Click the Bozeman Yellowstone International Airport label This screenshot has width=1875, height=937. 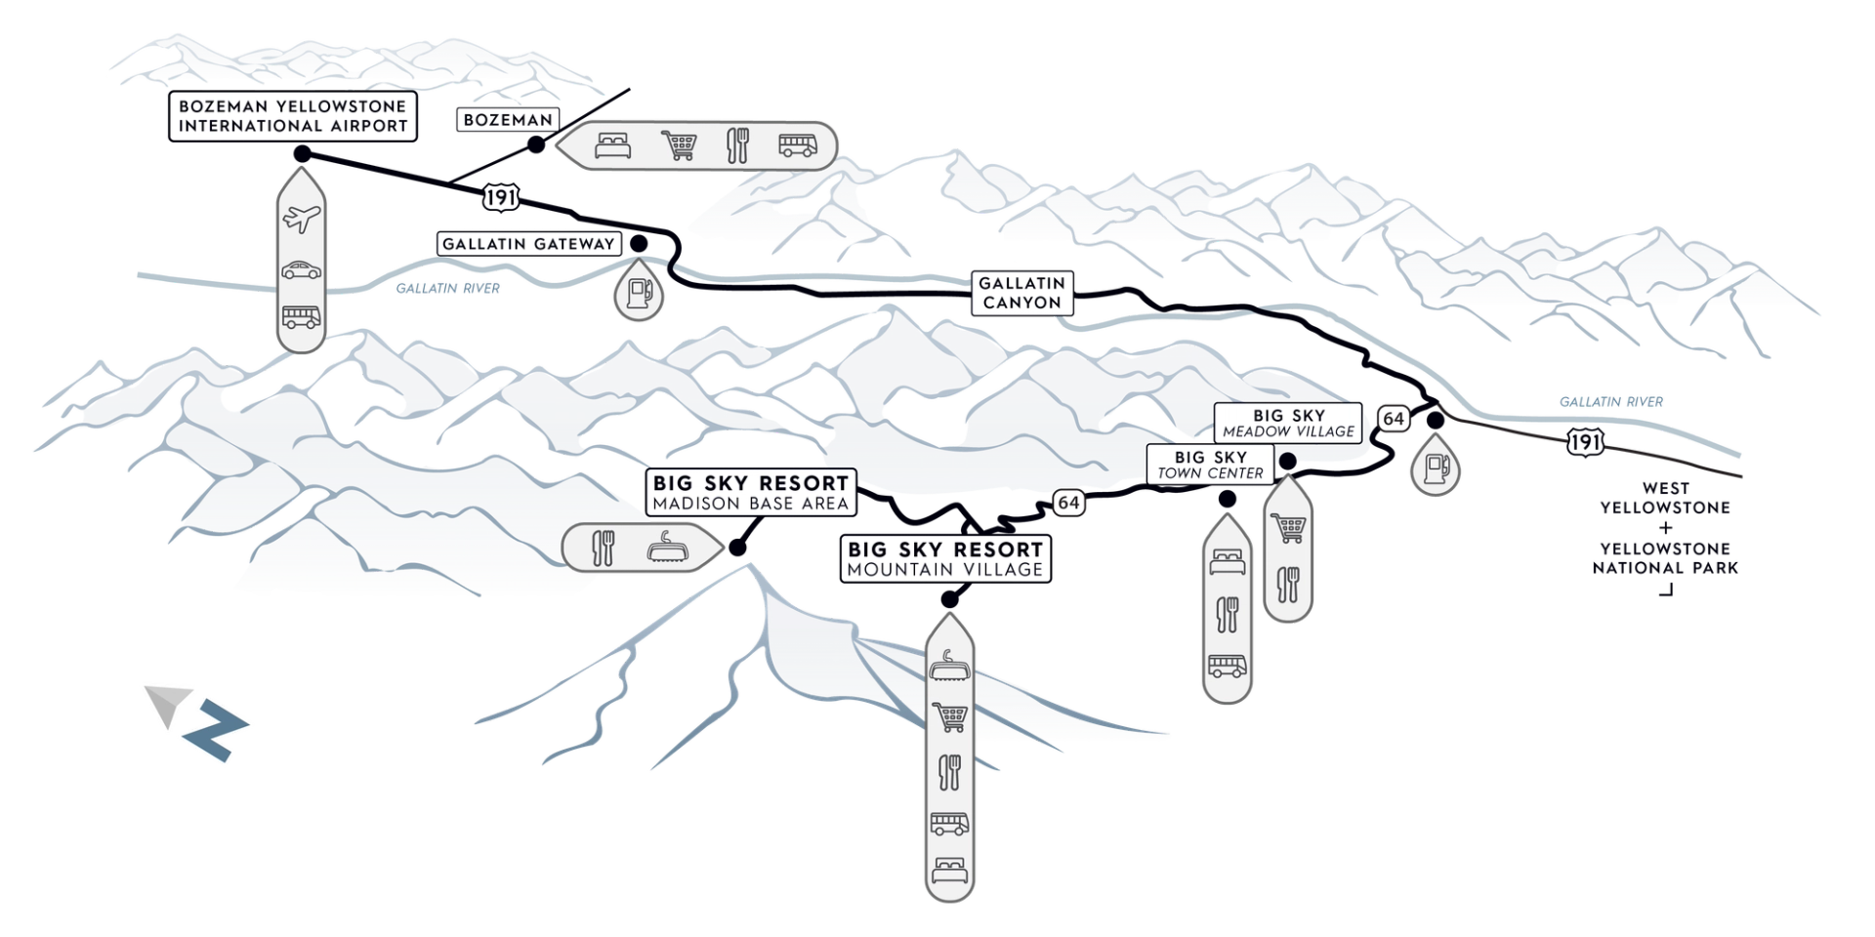click(x=293, y=116)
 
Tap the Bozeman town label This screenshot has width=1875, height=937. click(x=508, y=120)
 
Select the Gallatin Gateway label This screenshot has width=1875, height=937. click(x=528, y=244)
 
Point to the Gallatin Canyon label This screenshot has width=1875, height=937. click(x=1021, y=293)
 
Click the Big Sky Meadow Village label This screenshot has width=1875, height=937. click(x=1288, y=424)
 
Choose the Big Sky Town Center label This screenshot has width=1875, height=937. click(x=1210, y=465)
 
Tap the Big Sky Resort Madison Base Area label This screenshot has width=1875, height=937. click(x=750, y=492)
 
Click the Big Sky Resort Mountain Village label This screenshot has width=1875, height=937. click(x=945, y=558)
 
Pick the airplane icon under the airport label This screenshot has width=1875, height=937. click(x=301, y=219)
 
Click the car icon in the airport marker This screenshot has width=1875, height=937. click(x=301, y=270)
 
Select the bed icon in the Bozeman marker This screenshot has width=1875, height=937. click(x=613, y=146)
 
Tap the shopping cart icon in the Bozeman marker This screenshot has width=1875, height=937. click(x=679, y=146)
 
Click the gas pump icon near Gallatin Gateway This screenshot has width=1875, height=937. click(x=640, y=291)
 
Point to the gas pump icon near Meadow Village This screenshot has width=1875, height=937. click(x=1436, y=468)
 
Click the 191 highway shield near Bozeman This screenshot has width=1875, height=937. click(x=500, y=197)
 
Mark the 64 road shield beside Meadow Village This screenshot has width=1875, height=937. click(x=1393, y=419)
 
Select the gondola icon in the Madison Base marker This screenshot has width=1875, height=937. click(x=668, y=548)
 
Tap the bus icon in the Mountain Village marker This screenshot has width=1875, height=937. click(x=949, y=823)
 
